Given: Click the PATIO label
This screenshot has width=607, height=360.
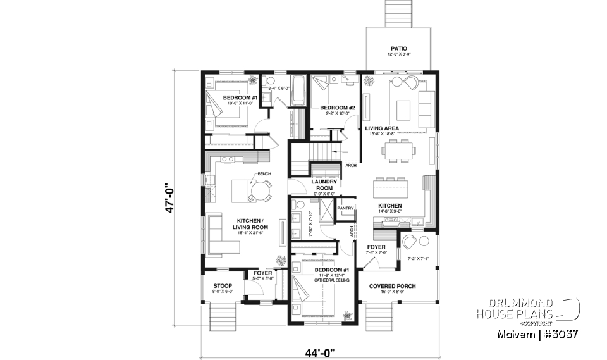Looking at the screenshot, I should tap(399, 48).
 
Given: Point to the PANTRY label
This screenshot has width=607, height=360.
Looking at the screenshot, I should tap(345, 207).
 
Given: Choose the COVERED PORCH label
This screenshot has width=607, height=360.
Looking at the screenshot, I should tap(392, 286).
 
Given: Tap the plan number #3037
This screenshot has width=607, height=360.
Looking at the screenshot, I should tap(561, 333).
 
